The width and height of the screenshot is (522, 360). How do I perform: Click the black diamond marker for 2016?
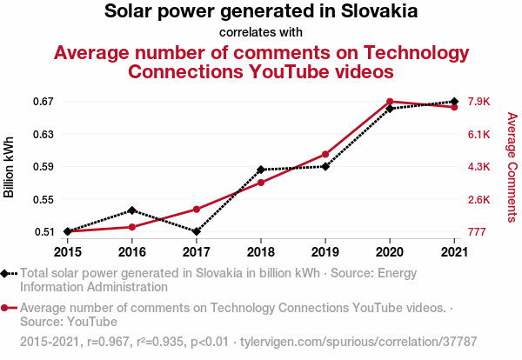point(131,210)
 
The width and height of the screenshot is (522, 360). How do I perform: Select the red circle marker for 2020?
point(390,102)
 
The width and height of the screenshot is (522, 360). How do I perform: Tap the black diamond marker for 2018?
point(261,170)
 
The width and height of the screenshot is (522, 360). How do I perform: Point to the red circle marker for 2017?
point(197,210)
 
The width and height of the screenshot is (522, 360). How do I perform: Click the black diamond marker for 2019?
point(325,166)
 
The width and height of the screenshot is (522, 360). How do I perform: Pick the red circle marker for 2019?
point(325,154)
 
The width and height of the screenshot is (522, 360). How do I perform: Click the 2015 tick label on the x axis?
point(68,252)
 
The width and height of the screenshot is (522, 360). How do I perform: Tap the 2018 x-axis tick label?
point(261,252)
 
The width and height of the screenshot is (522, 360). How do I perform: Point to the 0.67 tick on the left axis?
point(44,102)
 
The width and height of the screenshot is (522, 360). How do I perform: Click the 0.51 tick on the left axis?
point(44,232)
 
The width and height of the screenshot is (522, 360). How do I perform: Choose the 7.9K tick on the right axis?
point(479,102)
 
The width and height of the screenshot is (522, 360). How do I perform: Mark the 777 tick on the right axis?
point(477,232)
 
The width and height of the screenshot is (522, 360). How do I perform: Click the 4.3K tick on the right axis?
point(479,167)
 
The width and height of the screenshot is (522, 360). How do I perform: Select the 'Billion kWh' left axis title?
point(10,167)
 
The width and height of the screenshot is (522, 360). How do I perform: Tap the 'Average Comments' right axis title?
point(512,167)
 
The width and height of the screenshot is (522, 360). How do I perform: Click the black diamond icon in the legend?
point(6,274)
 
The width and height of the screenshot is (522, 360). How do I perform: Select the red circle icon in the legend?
point(6,308)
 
